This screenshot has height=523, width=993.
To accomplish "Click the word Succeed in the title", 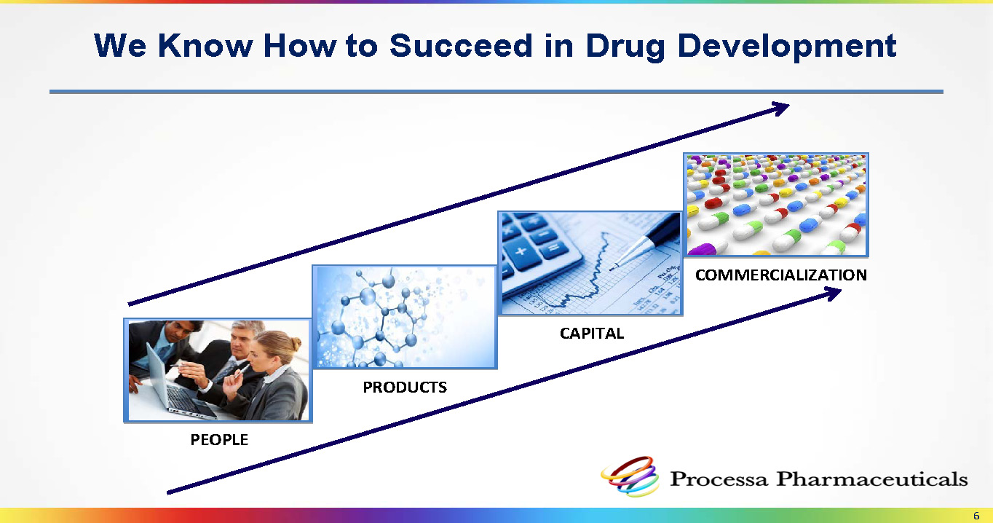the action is (461, 45).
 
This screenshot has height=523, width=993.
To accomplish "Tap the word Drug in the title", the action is (625, 47).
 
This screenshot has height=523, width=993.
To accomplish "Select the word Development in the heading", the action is (787, 47).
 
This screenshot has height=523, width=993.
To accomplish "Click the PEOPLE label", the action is (219, 440).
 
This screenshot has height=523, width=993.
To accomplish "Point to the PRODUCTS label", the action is (405, 388).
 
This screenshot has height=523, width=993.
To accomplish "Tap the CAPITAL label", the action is (592, 333).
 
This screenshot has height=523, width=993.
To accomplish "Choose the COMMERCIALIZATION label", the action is (780, 275).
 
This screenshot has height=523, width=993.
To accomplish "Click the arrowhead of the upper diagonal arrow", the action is (780, 108).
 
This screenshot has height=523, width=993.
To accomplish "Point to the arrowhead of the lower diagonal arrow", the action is (832, 293).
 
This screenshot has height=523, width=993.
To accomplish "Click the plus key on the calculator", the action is (521, 251).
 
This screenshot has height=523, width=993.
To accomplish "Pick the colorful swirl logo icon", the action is (630, 476).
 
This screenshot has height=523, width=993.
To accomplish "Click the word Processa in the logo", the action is (719, 479).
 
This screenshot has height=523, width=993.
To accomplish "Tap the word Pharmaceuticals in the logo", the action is (872, 479).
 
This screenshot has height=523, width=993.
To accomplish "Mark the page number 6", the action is (976, 516).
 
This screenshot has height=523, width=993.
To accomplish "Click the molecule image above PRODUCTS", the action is (404, 317).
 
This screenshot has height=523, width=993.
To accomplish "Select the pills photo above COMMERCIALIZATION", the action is (776, 205).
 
